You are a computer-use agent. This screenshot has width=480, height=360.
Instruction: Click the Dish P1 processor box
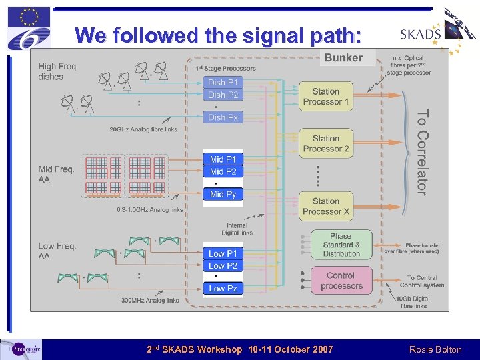[222, 83]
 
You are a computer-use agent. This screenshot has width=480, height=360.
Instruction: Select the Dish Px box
[222, 117]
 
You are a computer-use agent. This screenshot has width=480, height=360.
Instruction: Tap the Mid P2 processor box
[223, 171]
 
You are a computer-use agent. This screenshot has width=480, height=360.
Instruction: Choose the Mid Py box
[223, 194]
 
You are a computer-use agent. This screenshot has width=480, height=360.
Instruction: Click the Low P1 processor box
[223, 253]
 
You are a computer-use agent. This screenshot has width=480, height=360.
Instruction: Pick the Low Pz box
[223, 288]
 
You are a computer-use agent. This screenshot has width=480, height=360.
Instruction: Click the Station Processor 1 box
[325, 97]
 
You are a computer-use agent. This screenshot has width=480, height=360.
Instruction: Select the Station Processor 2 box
[325, 143]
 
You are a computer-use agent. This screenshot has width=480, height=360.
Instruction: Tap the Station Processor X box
[325, 206]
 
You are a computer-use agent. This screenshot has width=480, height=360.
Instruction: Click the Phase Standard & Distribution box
[340, 245]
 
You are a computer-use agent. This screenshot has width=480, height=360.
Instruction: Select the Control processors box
[341, 281]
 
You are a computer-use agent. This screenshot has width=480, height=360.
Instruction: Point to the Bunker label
[343, 58]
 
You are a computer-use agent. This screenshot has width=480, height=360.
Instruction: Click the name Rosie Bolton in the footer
[436, 349]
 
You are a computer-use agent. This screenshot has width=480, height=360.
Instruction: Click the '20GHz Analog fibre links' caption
[143, 129]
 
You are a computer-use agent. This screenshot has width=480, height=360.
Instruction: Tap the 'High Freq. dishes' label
[58, 71]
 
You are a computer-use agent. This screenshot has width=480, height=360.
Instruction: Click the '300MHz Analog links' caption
[150, 301]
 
